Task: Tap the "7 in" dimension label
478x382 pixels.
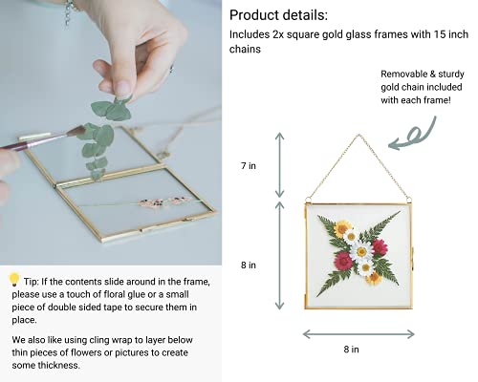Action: (247, 166)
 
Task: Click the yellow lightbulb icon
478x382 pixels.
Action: (14, 280)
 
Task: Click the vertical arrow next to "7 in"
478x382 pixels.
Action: (280, 163)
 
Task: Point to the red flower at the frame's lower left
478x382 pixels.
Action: (343, 260)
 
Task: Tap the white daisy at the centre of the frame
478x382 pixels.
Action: (362, 250)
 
